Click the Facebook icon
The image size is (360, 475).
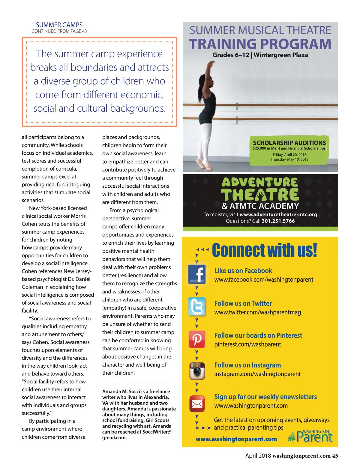197,274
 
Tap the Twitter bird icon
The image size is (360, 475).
197,307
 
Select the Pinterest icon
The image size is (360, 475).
197,339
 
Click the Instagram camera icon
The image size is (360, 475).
197,371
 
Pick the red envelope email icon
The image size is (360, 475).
197,404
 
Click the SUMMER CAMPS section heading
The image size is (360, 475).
59,25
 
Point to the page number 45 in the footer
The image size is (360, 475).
335,456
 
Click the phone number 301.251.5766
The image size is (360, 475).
278,221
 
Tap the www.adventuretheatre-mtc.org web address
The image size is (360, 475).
278,214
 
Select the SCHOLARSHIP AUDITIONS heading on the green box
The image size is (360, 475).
289,143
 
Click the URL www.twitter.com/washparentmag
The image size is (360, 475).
257,312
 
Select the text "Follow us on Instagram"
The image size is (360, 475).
247,365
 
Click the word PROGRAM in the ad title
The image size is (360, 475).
297,44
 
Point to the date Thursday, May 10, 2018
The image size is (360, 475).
289,159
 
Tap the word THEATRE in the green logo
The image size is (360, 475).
260,195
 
